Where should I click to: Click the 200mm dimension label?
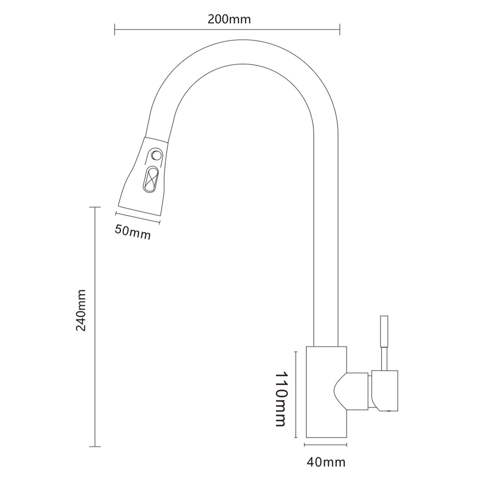(229, 19)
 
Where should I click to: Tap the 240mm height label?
(81, 310)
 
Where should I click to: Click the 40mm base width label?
(326, 463)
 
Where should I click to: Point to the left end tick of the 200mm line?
(115, 29)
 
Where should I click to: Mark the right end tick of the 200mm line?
(340, 29)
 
